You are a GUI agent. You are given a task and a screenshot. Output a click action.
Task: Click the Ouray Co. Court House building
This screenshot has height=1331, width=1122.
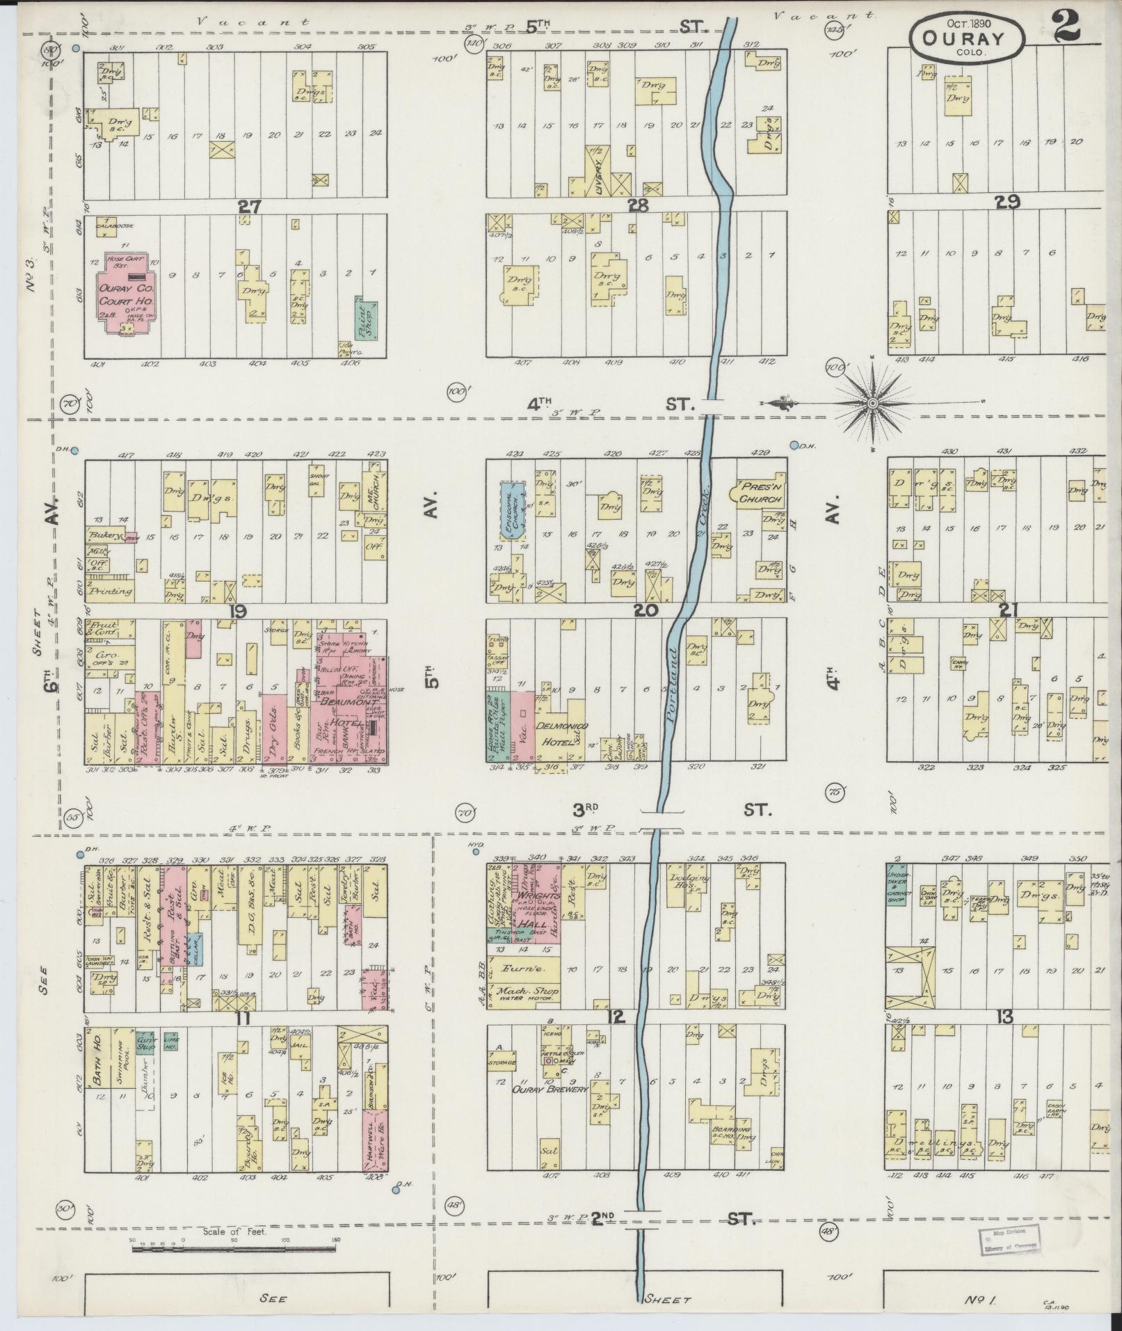pos(125,292)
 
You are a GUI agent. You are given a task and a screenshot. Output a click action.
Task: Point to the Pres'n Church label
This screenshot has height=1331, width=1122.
pos(762,494)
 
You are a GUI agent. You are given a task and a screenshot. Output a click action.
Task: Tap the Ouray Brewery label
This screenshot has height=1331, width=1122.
pos(550,1108)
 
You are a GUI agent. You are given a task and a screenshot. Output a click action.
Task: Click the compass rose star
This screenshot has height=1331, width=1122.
pos(874,403)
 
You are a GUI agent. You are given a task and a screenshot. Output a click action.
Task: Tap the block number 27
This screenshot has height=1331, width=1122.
pos(248,206)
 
